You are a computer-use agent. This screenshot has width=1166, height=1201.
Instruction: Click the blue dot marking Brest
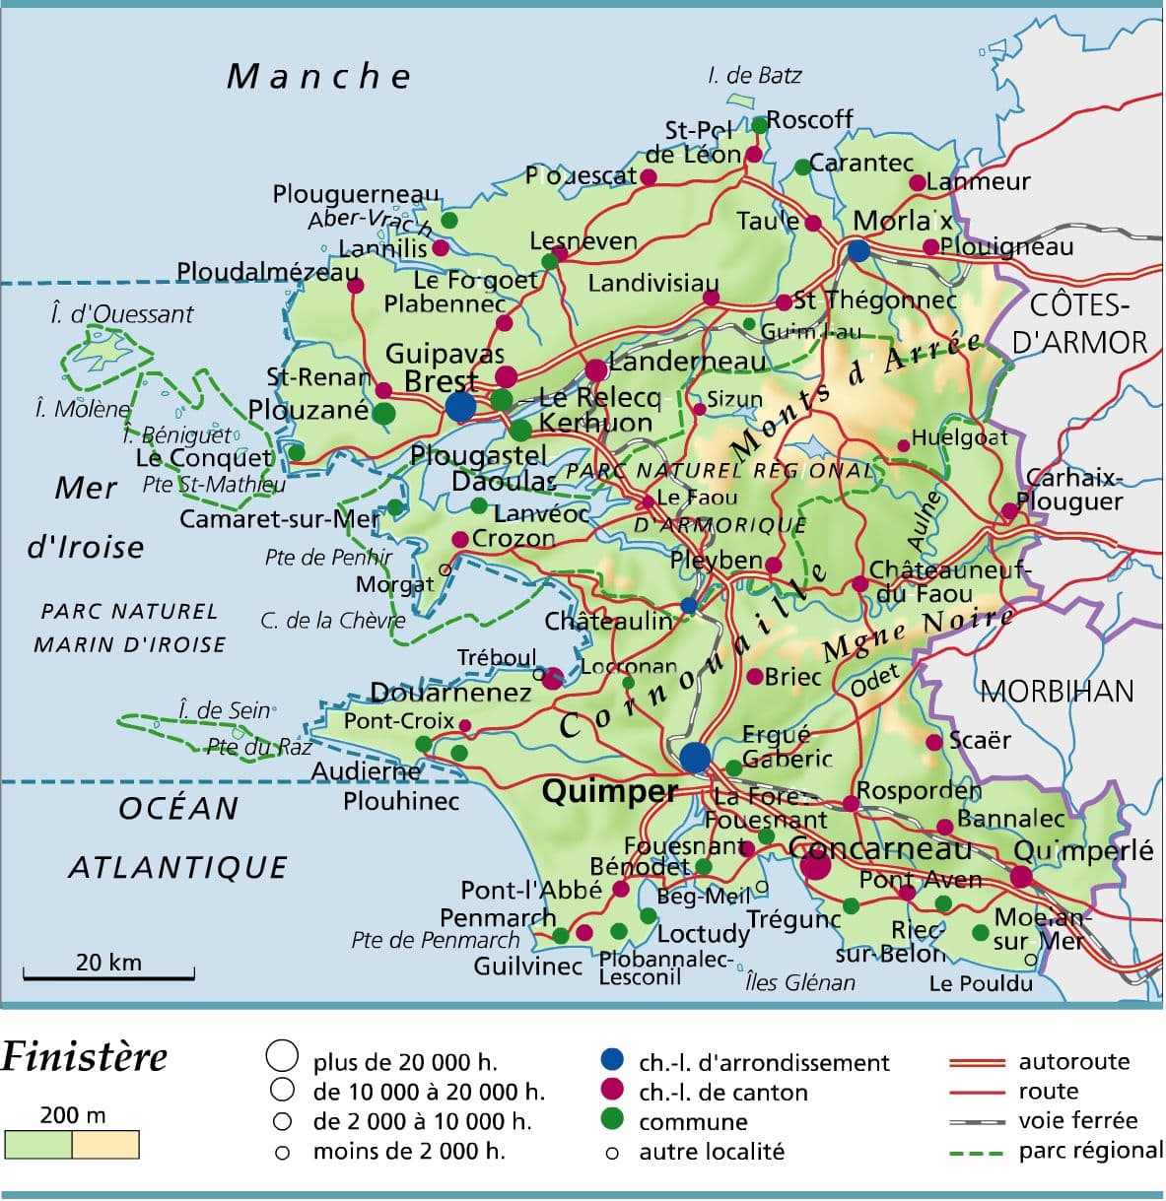(x=460, y=406)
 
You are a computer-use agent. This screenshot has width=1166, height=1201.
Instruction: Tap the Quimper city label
(x=609, y=791)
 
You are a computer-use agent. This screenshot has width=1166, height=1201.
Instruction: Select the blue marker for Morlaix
(x=858, y=250)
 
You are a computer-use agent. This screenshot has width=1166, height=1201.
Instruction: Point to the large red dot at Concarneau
(x=815, y=866)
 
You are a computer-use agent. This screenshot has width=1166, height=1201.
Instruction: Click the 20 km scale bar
(x=108, y=977)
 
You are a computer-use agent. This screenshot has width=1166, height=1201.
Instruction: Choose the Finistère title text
(x=85, y=1057)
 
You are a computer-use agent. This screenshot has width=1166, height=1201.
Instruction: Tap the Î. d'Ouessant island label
(x=121, y=314)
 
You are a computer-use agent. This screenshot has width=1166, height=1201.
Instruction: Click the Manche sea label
(x=318, y=77)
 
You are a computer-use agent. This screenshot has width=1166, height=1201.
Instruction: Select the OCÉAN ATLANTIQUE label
(x=178, y=837)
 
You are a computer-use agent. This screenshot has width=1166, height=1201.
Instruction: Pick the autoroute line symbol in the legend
(x=976, y=1063)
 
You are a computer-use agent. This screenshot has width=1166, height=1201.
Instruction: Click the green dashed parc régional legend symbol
(x=976, y=1152)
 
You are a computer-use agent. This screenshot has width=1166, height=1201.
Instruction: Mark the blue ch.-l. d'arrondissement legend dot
(x=612, y=1060)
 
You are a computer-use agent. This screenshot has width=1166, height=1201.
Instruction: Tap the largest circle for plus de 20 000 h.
(x=282, y=1055)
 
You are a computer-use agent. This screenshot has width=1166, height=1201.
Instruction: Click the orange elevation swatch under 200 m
(x=105, y=1145)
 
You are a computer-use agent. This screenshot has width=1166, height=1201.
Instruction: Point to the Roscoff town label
(x=809, y=119)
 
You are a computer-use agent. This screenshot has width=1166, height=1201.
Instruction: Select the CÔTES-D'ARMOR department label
(x=1079, y=323)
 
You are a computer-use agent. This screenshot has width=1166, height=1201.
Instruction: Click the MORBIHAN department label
(x=1057, y=691)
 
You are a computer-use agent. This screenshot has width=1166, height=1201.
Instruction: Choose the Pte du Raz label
(x=259, y=747)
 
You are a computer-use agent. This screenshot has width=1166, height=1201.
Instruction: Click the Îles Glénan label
(x=799, y=982)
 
